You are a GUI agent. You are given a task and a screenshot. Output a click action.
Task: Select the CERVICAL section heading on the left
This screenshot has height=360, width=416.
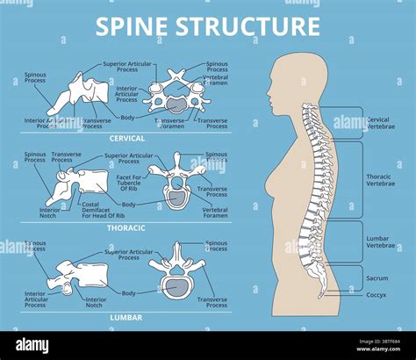127,138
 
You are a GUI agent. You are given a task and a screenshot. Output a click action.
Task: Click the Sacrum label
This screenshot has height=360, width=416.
377,277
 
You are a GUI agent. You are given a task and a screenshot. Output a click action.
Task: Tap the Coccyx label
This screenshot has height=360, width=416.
377,295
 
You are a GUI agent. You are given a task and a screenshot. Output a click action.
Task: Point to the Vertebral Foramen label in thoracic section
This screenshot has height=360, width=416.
214,212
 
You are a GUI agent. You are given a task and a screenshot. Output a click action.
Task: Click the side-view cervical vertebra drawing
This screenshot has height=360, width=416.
75,99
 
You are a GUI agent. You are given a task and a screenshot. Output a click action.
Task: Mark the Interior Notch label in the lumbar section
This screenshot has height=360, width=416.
96,302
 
